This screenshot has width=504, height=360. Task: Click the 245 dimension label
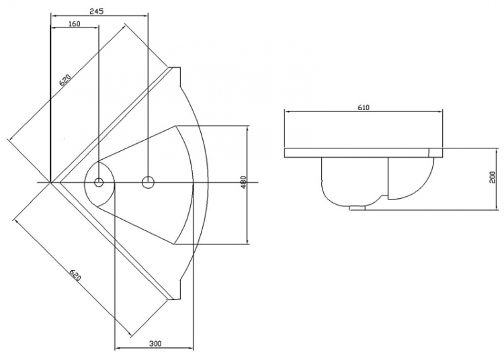(x=96, y=11)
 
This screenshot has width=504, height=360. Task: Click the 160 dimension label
(x=74, y=24)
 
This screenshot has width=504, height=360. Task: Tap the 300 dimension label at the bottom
(x=155, y=344)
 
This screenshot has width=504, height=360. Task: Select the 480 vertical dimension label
(x=243, y=182)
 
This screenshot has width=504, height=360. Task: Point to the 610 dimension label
(x=364, y=107)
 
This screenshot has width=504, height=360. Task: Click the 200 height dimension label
(x=492, y=177)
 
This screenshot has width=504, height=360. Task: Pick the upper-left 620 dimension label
(x=65, y=80)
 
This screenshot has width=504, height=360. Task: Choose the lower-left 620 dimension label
(x=75, y=275)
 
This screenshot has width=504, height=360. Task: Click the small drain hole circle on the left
(x=99, y=183)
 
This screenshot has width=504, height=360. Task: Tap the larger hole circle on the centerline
(x=148, y=183)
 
